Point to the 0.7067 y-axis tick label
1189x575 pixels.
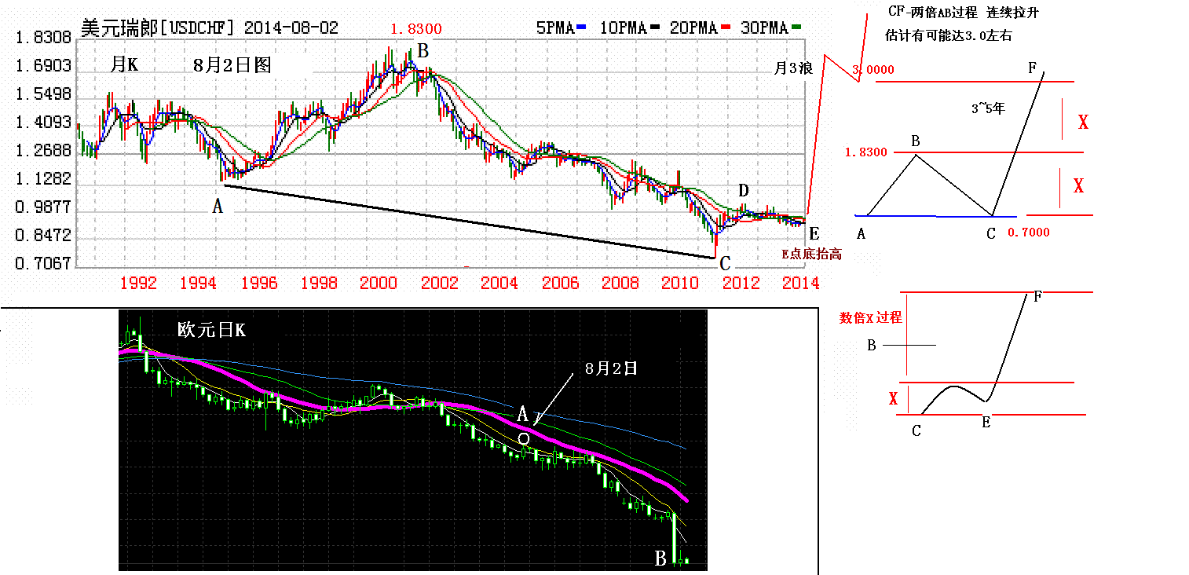point(43,264)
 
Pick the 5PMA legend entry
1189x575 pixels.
point(561,28)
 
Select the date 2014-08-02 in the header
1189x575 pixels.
point(291,27)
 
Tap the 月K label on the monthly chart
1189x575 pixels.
point(123,64)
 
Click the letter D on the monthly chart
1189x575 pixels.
point(743,191)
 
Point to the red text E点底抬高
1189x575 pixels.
point(811,254)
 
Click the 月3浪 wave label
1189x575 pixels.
point(793,68)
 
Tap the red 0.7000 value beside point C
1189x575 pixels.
point(1029,233)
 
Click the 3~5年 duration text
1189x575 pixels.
point(988,108)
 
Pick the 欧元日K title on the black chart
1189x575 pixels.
point(211,331)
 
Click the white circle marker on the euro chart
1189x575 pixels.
point(524,438)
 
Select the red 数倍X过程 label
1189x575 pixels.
point(871,318)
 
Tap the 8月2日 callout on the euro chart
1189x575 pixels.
point(609,367)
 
